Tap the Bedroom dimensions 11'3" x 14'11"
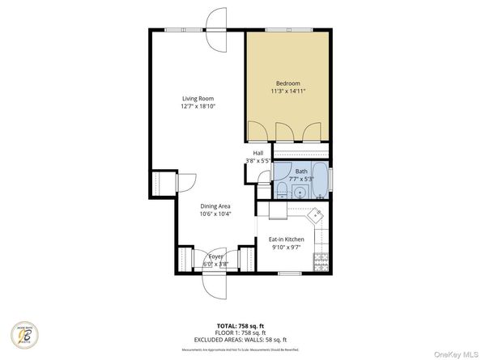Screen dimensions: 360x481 coord(287,91)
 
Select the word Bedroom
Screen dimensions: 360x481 coord(287,83)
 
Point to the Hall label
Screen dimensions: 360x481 coord(258,153)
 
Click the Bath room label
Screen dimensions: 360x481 coord(301,172)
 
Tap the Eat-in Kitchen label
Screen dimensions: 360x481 coord(286,239)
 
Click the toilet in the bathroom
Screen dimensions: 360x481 coord(279,189)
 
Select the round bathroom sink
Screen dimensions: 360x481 coord(300,193)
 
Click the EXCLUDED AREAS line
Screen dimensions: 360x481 coord(240,340)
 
